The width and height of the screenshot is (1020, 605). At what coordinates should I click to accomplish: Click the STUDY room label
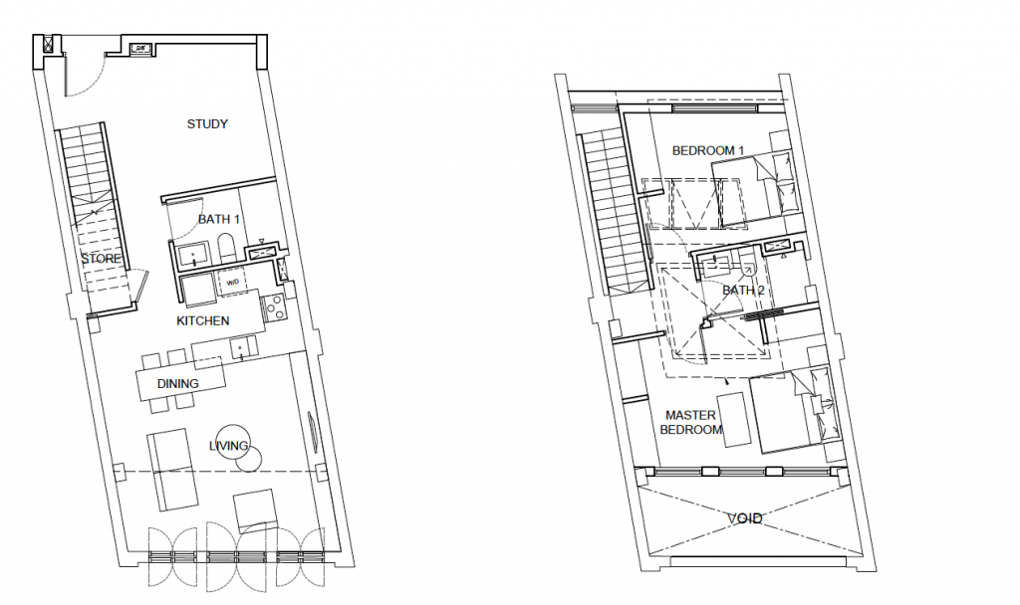click(207, 123)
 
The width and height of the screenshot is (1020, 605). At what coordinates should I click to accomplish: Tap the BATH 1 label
click(218, 219)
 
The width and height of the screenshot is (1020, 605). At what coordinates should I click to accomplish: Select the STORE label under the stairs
click(101, 259)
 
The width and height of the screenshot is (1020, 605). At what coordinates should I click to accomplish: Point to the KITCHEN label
click(203, 320)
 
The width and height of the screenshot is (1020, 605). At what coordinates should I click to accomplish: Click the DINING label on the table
click(177, 383)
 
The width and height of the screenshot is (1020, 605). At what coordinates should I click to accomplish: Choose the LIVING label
click(228, 446)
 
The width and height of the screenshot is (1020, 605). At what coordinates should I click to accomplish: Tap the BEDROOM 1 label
click(708, 151)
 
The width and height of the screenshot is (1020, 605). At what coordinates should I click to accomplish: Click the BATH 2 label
click(743, 290)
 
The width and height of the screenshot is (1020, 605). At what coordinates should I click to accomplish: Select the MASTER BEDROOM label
click(691, 422)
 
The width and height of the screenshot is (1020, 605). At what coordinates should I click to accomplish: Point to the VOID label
click(745, 517)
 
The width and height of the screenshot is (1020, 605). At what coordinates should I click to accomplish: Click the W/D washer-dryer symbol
click(232, 283)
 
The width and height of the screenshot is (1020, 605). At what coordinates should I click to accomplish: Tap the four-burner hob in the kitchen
click(273, 306)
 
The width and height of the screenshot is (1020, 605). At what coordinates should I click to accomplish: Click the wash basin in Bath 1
click(192, 255)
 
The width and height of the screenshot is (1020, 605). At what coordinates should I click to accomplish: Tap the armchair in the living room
click(256, 510)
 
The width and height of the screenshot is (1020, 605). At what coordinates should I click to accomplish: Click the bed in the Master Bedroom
click(792, 409)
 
